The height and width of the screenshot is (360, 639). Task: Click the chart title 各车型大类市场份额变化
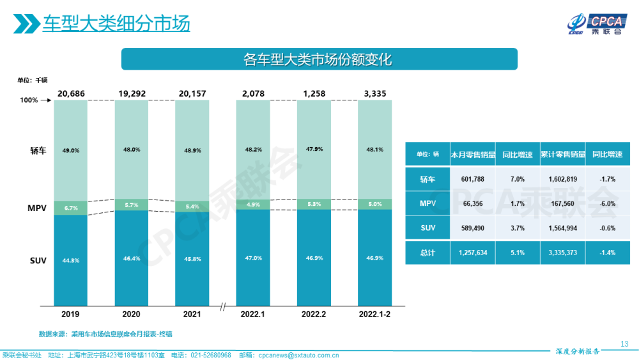click(x=318, y=59)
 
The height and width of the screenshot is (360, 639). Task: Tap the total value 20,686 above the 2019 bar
click(x=70, y=94)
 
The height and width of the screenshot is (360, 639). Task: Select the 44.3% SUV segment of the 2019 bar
click(x=70, y=260)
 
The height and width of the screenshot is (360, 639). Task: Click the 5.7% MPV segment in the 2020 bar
click(x=131, y=205)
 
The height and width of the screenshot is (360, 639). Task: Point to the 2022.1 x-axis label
click(x=252, y=315)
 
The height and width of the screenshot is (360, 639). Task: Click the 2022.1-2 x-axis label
click(x=374, y=315)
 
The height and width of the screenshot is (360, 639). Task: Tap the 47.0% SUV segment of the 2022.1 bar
click(x=252, y=258)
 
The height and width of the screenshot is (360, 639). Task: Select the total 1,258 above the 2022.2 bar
click(x=313, y=94)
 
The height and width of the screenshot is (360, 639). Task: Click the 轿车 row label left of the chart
click(x=37, y=150)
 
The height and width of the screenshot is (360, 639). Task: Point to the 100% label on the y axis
click(x=29, y=100)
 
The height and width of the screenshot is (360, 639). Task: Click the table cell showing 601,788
click(x=472, y=180)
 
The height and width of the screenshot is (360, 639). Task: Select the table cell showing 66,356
click(x=472, y=204)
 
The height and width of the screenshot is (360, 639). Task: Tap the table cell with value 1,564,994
click(x=562, y=228)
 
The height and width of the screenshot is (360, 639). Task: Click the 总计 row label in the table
click(x=427, y=253)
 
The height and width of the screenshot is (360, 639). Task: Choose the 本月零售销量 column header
click(x=472, y=154)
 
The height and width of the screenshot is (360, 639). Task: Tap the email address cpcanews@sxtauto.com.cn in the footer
click(x=297, y=355)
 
